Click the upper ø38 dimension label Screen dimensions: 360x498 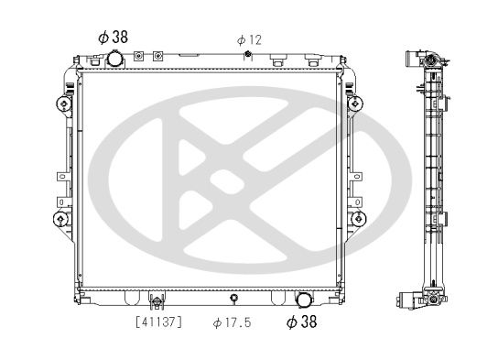[112, 38]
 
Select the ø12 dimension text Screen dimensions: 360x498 [249, 40]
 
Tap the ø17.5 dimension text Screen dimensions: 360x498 [233, 322]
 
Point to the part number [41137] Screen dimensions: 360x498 [158, 322]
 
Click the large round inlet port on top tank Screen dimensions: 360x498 [114, 60]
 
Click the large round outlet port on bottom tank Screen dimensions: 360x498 [303, 299]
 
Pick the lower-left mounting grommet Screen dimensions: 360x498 [60, 219]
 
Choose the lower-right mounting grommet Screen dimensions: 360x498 [357, 219]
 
